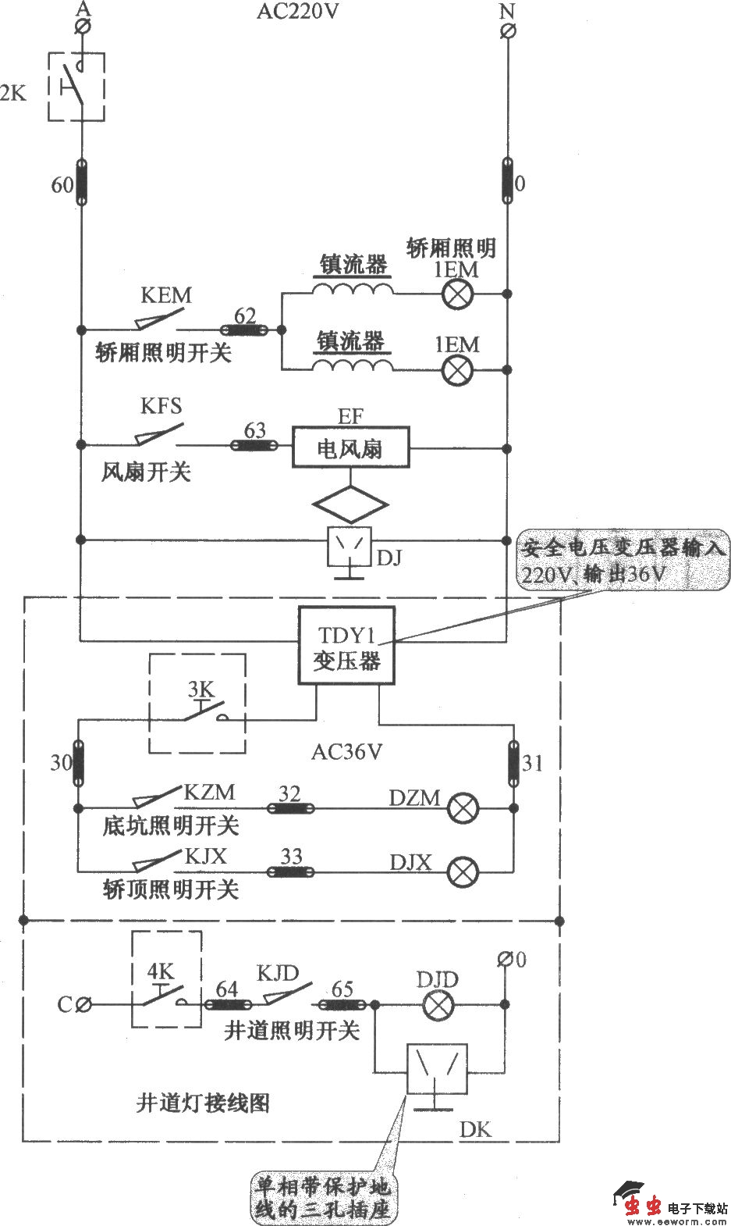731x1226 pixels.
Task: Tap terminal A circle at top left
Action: (81, 27)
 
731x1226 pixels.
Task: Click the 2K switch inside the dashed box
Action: (76, 87)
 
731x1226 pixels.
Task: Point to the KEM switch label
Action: (165, 296)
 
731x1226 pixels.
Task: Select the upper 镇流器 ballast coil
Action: (353, 289)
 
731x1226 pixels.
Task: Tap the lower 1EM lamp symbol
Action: (457, 369)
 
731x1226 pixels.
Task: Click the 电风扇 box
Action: (350, 448)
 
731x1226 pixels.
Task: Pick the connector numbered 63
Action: (254, 445)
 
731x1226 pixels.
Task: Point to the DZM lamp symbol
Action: (463, 809)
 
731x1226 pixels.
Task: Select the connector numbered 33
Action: (291, 871)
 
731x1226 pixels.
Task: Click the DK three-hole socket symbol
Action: (436, 1069)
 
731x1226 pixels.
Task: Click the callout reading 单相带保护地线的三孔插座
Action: (321, 1199)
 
